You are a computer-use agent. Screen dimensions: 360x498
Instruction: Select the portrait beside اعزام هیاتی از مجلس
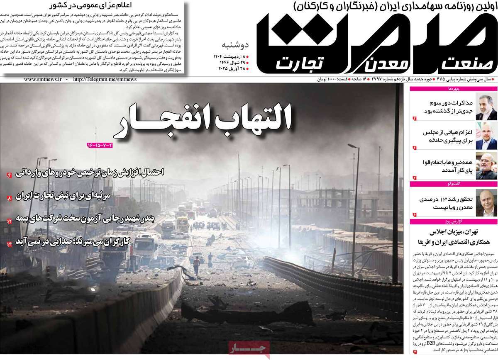click(483, 138)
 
